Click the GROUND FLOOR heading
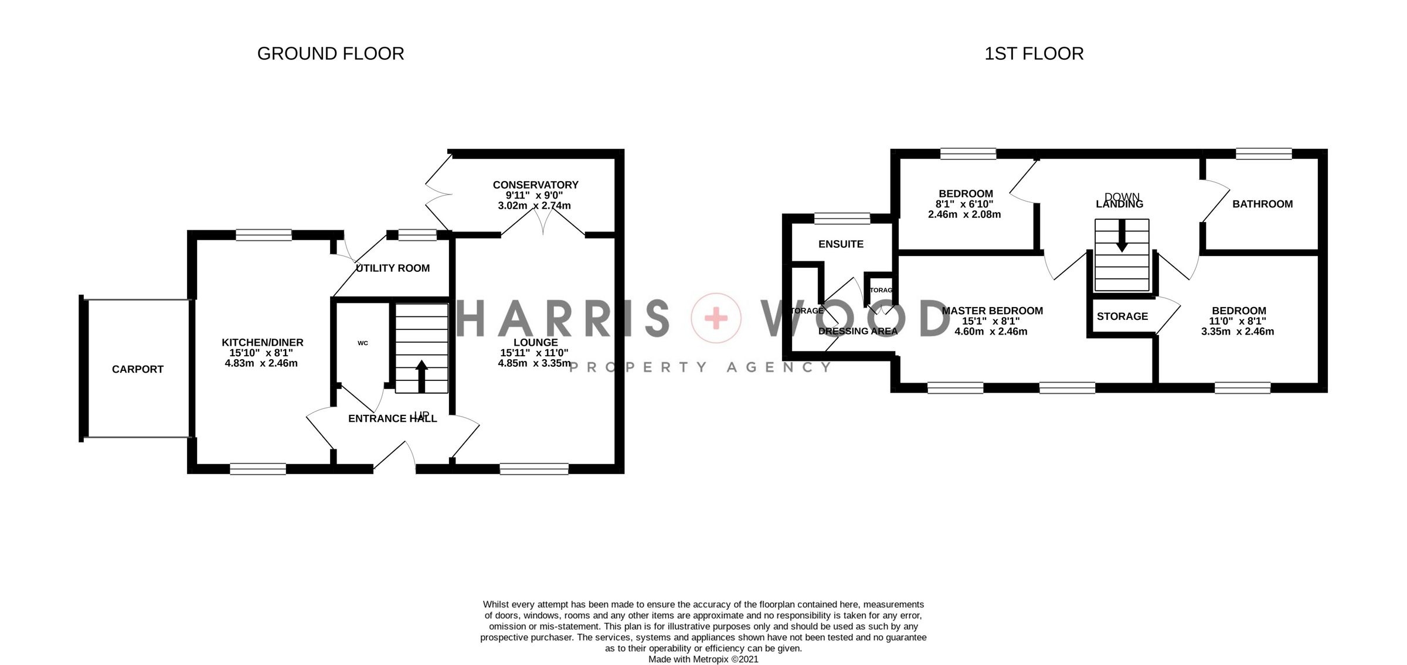tap(330, 54)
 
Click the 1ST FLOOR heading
tap(1034, 54)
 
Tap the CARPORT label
tap(138, 369)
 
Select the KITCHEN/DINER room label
tap(262, 343)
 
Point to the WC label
tap(363, 343)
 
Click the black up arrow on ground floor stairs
tap(421, 376)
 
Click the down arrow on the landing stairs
tap(1121, 237)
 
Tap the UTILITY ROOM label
tap(393, 268)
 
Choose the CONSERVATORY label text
tap(535, 185)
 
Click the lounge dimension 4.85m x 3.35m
tap(534, 363)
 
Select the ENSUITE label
tap(841, 244)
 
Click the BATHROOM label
tap(1262, 204)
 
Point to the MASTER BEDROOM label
tap(992, 311)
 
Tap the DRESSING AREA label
tap(858, 332)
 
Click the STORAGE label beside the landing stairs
tap(1122, 316)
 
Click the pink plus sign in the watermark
tap(716, 319)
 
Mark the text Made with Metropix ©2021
tap(703, 659)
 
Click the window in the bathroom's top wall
tap(1263, 154)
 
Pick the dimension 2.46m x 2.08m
tap(964, 215)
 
